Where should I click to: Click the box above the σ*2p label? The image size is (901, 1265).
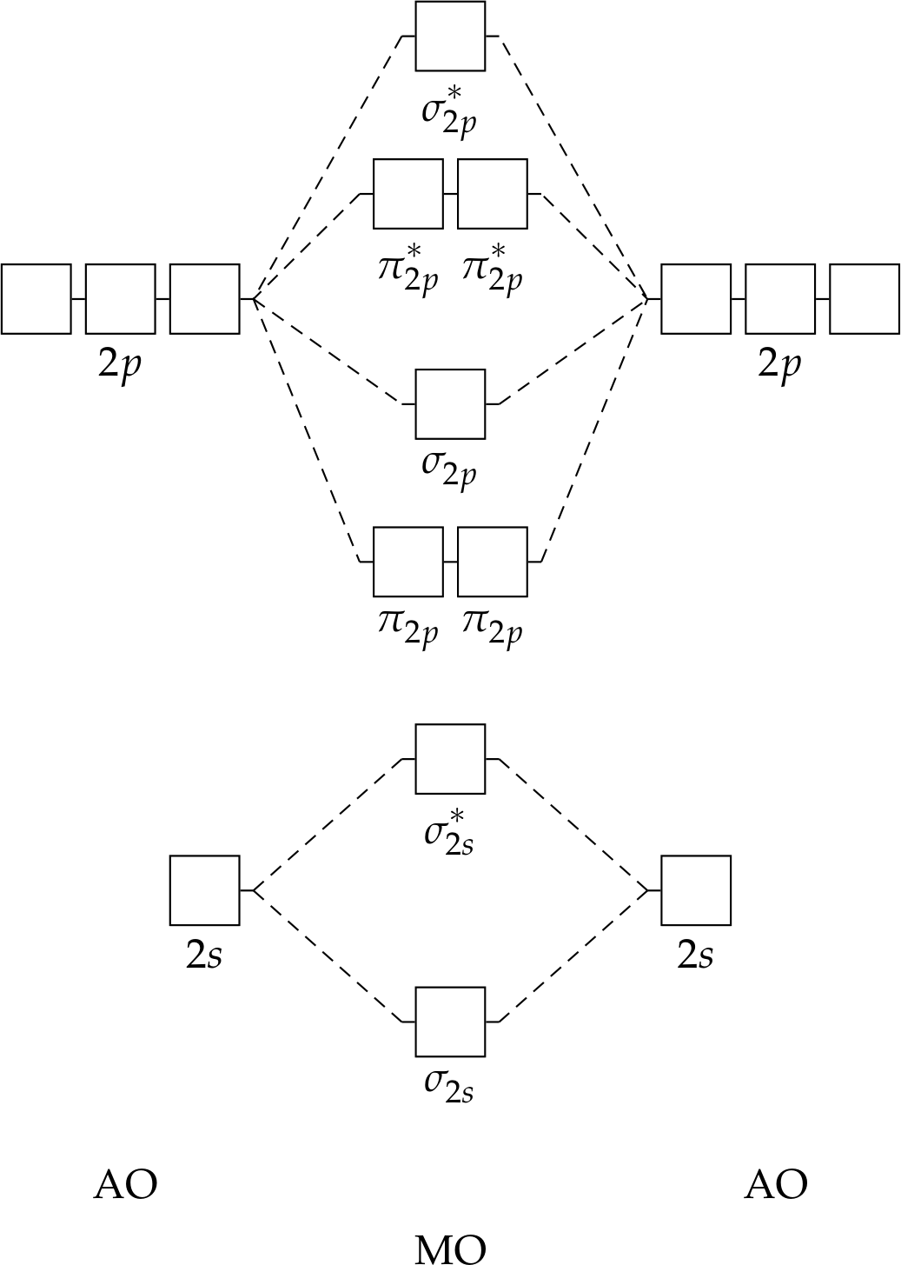click(450, 36)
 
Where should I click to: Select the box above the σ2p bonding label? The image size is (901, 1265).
click(450, 403)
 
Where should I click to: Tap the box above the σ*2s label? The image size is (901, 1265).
click(450, 759)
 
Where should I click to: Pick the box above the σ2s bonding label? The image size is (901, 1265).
click(450, 1022)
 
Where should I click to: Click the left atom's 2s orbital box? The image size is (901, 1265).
click(204, 890)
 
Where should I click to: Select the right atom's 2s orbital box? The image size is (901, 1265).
click(696, 890)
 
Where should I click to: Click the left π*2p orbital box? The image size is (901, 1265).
click(407, 194)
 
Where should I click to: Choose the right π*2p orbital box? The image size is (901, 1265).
click(492, 194)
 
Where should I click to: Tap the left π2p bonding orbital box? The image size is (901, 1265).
click(407, 562)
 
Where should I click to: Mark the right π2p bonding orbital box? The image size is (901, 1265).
click(492, 562)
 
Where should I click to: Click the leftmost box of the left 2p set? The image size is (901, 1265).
click(36, 299)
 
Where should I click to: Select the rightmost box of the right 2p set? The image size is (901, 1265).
click(865, 299)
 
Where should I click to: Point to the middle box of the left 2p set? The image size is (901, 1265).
click(120, 299)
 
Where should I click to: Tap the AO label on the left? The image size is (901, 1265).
click(125, 1184)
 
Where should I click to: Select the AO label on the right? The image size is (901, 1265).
click(776, 1184)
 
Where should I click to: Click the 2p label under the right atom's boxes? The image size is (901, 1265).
click(778, 364)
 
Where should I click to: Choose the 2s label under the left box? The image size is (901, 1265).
click(204, 955)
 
